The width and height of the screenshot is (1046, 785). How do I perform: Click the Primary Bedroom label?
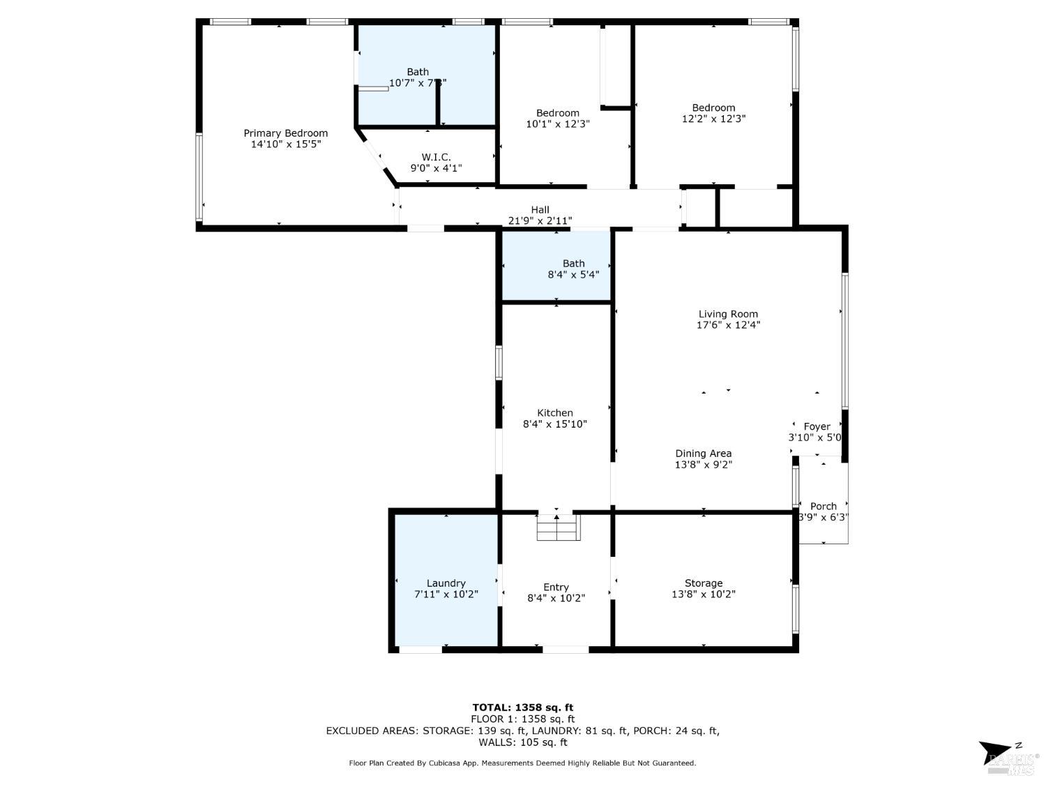click(285, 133)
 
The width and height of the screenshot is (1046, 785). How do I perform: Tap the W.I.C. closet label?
click(436, 157)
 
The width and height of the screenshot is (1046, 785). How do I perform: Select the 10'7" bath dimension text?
click(417, 83)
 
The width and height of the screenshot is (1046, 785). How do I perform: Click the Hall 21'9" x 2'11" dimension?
click(540, 220)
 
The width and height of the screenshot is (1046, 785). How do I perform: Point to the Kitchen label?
click(554, 413)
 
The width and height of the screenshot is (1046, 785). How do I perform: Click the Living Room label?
click(728, 314)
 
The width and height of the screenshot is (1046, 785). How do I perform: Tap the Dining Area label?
click(703, 454)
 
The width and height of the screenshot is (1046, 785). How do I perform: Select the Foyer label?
click(817, 426)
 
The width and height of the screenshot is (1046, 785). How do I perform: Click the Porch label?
click(823, 506)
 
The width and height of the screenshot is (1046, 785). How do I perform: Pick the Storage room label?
click(703, 583)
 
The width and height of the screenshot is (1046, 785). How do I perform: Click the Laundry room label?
click(446, 583)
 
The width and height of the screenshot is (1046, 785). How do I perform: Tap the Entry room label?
click(556, 587)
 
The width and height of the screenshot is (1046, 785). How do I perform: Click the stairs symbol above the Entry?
click(558, 527)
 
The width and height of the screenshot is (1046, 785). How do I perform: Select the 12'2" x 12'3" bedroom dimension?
click(713, 119)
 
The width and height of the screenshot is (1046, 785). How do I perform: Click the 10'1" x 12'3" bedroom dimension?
click(557, 124)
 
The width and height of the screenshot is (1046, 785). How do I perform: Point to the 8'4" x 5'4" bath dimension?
click(573, 275)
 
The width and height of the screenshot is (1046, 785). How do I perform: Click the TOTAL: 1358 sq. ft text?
click(522, 708)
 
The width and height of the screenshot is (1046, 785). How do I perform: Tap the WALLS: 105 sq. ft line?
click(522, 742)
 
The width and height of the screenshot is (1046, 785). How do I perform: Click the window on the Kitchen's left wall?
click(499, 363)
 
